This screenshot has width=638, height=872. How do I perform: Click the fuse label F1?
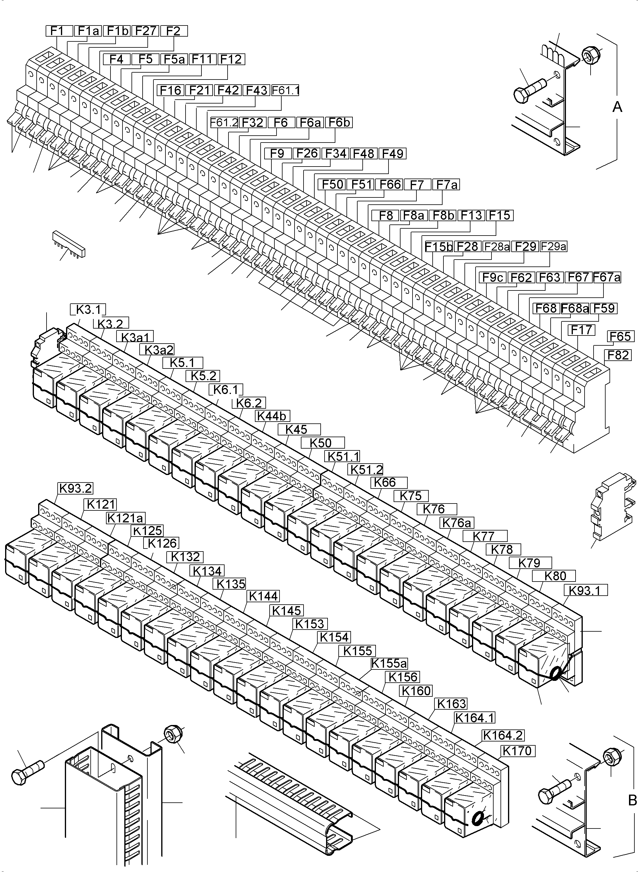click(59, 31)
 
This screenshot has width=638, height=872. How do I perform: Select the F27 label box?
click(145, 31)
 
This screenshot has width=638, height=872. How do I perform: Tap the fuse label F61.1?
click(286, 90)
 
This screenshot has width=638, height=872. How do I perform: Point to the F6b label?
click(339, 122)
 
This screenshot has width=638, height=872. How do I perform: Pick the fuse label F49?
click(392, 154)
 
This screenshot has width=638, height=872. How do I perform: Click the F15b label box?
click(439, 246)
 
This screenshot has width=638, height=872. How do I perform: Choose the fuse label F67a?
click(607, 277)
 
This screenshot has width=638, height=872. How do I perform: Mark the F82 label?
click(619, 355)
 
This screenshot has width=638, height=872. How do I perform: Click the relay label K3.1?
click(88, 310)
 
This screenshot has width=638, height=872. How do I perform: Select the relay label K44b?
click(273, 416)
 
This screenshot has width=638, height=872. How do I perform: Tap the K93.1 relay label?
click(585, 590)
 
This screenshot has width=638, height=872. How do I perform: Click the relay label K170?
click(518, 751)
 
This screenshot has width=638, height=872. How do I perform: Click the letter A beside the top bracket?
click(617, 107)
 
